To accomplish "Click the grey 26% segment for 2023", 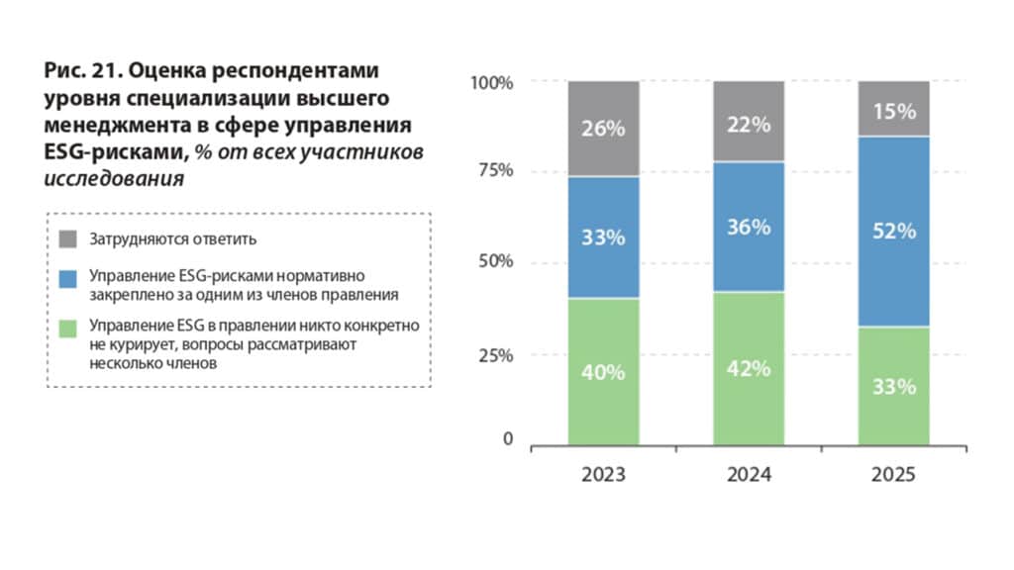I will point(603,129).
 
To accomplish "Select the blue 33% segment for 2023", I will point(603,237).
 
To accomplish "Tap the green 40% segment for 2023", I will point(603,372).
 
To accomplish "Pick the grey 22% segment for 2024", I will point(749,122).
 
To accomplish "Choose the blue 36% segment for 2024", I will point(749,227).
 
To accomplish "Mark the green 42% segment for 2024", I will point(749,369).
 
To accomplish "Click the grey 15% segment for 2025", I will point(893,109).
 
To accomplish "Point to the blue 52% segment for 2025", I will point(893,232).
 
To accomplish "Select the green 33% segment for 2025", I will point(893,386).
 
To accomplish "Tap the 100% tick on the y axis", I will point(492,82).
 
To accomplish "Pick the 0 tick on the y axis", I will point(508,439).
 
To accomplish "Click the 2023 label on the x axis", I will point(603,475).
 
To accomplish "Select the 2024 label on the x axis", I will point(749,475).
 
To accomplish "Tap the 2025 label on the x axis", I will point(893,475).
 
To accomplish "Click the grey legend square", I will point(67,238).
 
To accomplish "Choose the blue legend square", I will point(67,278).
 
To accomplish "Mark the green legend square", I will point(67,327).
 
